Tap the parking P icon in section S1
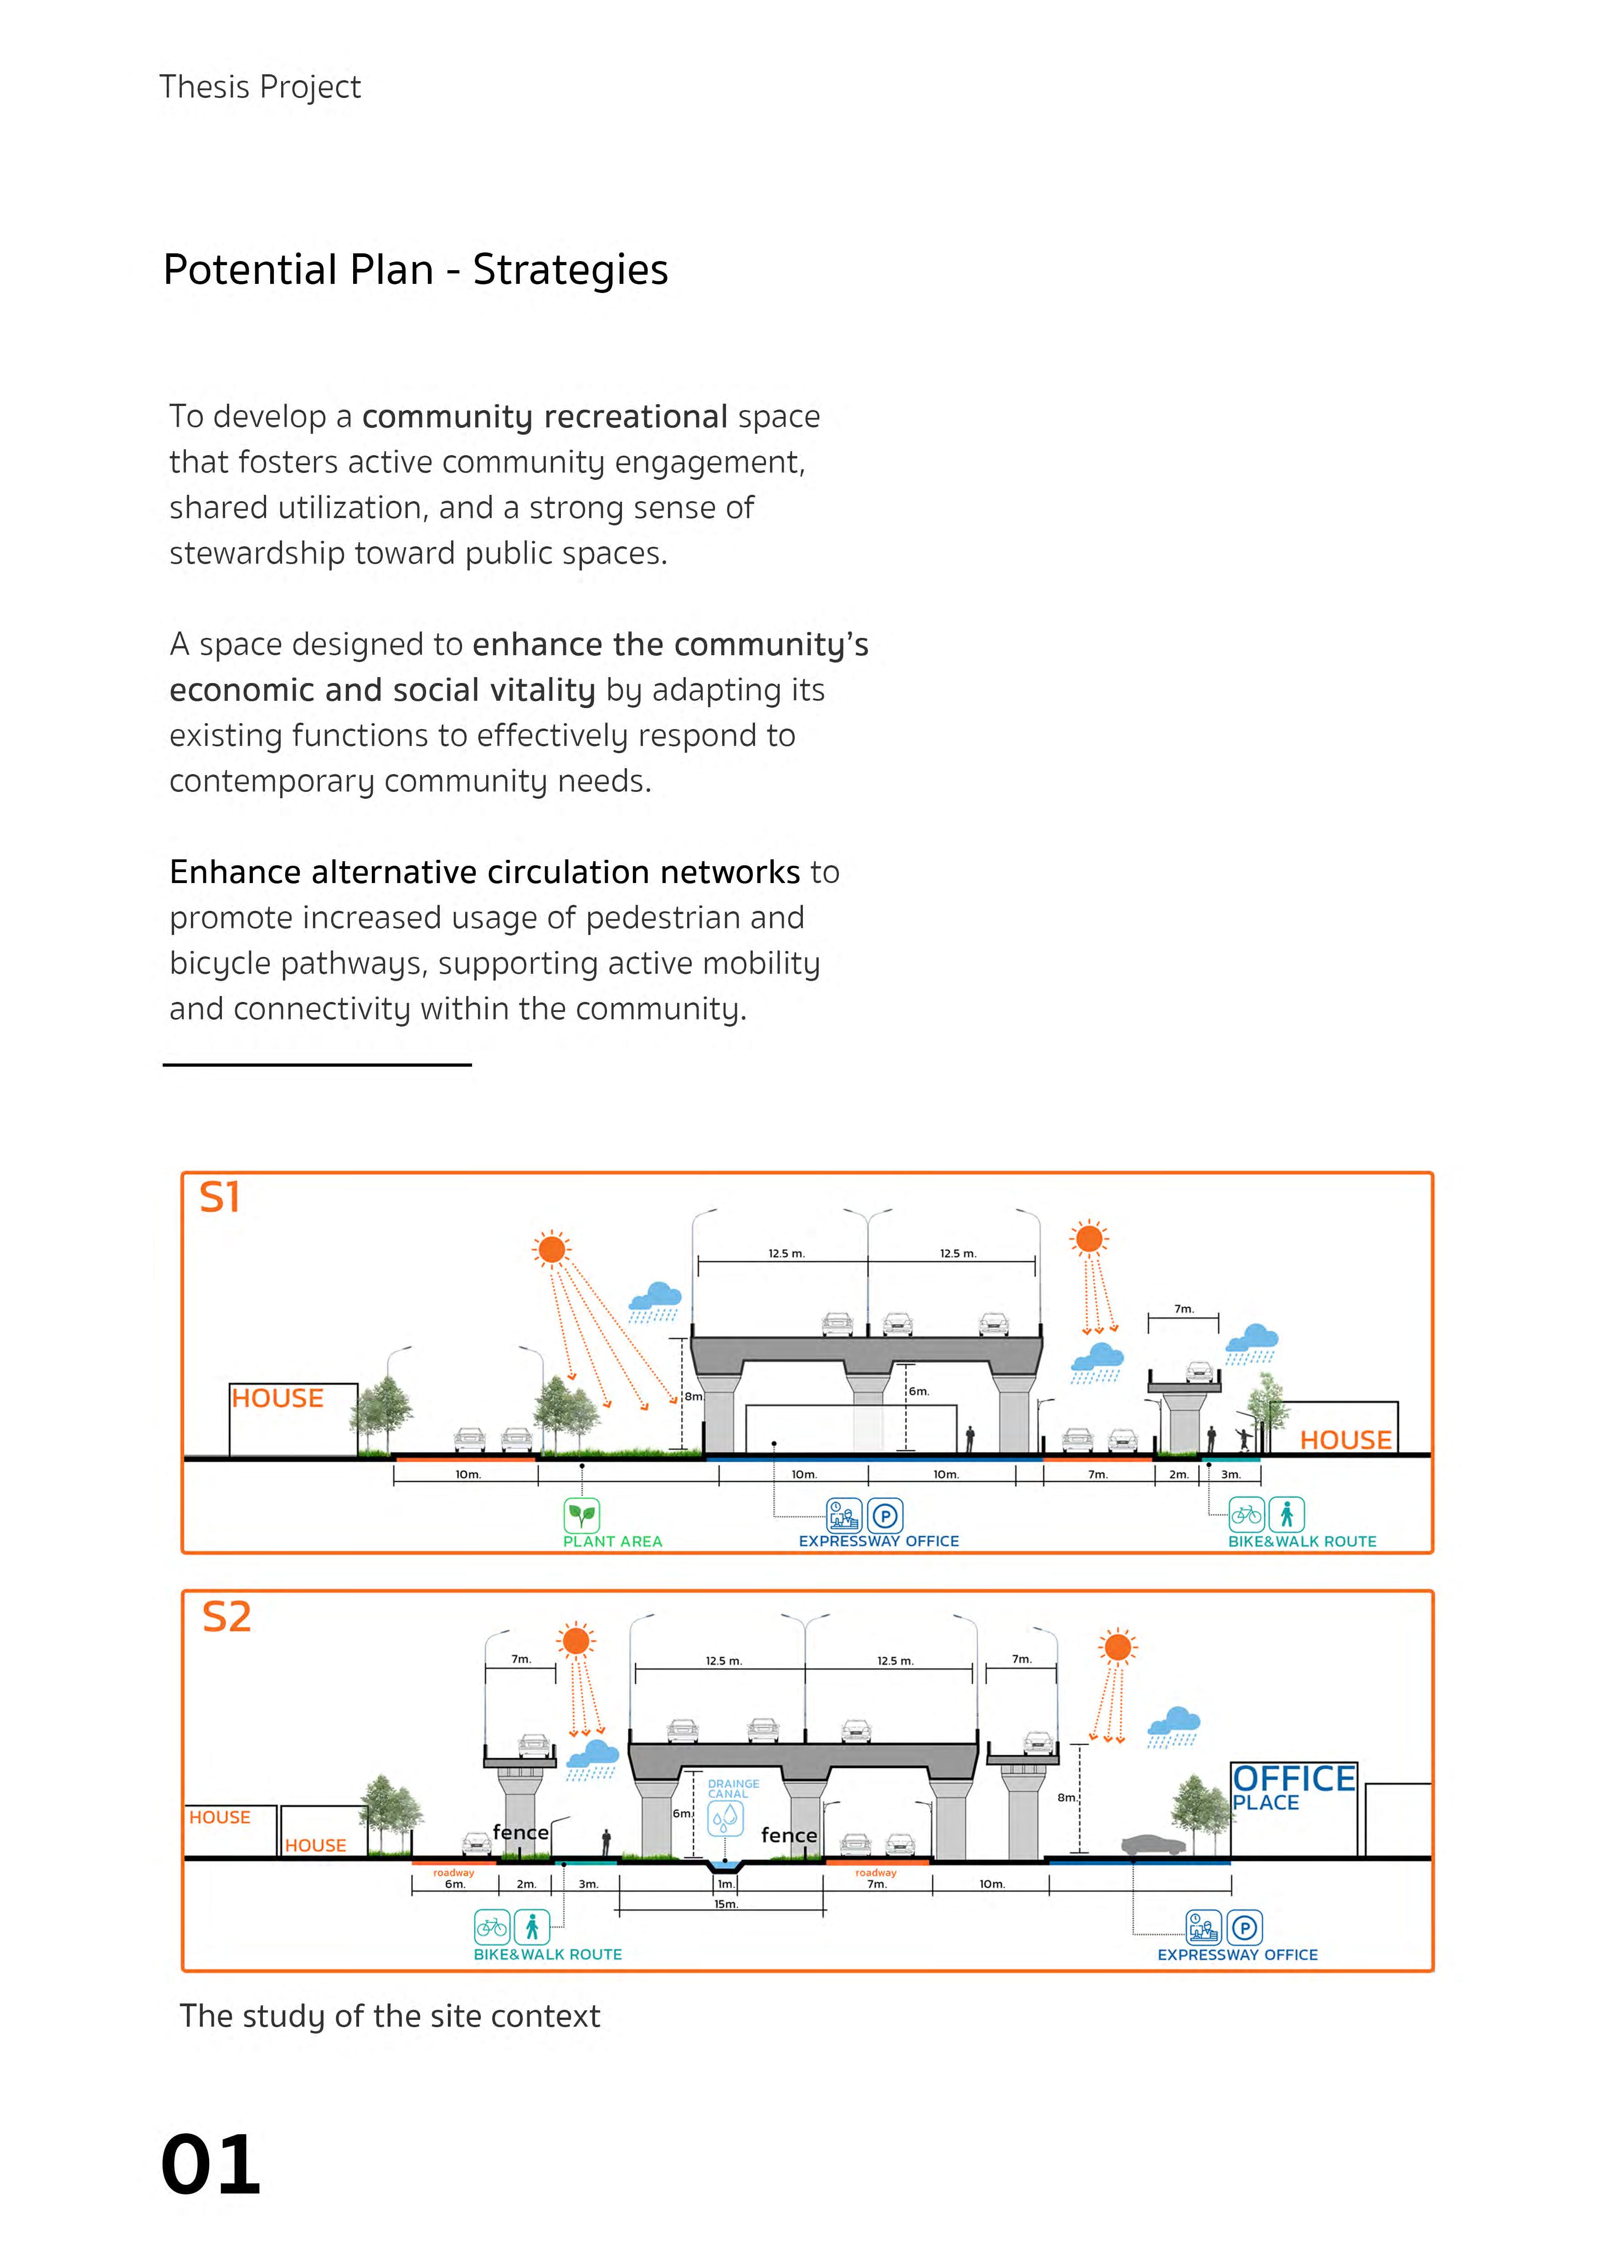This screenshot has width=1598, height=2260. (885, 1516)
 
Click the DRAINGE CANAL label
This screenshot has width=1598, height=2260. (734, 1788)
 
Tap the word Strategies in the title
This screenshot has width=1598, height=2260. (570, 270)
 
